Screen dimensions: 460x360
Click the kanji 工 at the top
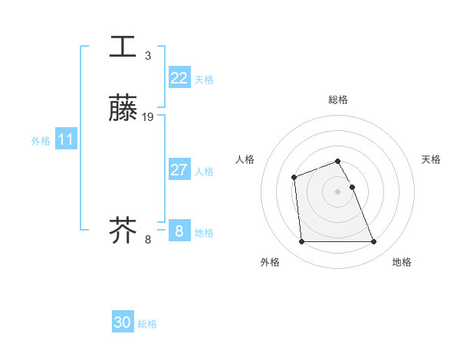(x=123, y=47)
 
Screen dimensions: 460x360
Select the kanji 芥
(x=123, y=230)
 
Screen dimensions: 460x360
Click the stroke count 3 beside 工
(x=147, y=56)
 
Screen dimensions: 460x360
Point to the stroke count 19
(x=148, y=116)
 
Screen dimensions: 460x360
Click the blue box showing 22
(x=179, y=78)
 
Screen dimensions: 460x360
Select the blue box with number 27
(x=179, y=170)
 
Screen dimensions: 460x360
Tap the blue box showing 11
(x=65, y=139)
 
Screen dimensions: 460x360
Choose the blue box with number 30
(x=123, y=322)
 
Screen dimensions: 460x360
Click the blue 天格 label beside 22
(x=204, y=80)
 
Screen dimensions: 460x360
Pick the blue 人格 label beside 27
(x=204, y=172)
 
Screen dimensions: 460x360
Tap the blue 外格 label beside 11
(x=41, y=141)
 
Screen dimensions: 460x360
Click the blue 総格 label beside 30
(x=147, y=324)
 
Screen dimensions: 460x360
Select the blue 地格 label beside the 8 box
(x=204, y=233)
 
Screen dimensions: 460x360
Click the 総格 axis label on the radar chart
(x=338, y=100)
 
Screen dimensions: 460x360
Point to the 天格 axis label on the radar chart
(x=432, y=159)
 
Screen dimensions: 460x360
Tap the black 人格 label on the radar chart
(x=245, y=159)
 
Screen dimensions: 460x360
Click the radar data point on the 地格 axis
(x=374, y=242)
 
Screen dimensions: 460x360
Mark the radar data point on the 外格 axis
(x=301, y=242)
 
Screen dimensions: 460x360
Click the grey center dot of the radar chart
(x=338, y=191)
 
